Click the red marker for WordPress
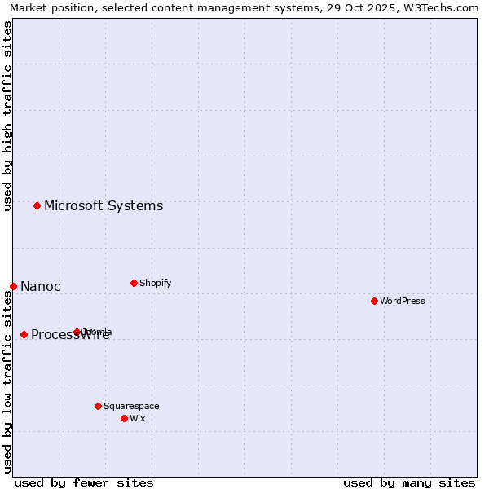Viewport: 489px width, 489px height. click(374, 301)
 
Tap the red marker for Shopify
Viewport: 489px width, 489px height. click(134, 283)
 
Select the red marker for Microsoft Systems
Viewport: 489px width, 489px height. click(37, 205)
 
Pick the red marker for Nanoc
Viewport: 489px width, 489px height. click(13, 286)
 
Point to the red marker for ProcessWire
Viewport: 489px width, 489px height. click(24, 334)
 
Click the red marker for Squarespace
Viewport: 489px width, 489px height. click(98, 406)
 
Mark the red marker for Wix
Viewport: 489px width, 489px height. click(124, 418)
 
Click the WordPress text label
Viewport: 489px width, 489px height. click(403, 301)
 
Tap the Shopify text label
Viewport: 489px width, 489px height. click(155, 283)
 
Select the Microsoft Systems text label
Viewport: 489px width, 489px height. click(104, 205)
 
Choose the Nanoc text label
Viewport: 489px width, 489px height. click(41, 286)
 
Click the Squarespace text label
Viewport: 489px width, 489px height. click(131, 406)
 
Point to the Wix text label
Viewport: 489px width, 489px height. click(137, 418)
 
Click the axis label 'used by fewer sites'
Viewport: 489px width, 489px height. click(84, 482)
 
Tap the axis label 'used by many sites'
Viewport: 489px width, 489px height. click(409, 482)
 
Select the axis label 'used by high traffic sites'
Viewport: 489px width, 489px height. click(7, 116)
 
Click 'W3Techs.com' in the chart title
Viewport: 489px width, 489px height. click(446, 7)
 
